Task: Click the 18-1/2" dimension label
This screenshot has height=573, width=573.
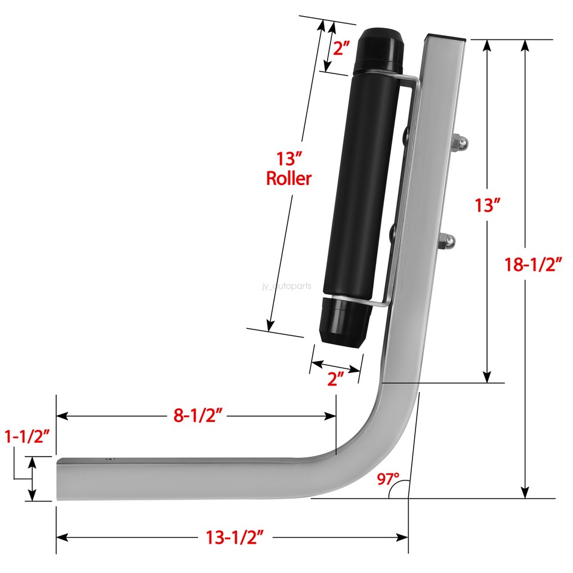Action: click(534, 264)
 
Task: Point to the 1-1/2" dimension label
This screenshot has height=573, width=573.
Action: click(28, 435)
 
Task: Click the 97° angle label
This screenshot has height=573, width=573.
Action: click(388, 479)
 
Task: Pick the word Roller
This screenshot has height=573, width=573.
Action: click(289, 178)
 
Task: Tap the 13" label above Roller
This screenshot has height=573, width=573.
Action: click(289, 159)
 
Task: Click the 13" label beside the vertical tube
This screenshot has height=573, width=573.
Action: click(487, 205)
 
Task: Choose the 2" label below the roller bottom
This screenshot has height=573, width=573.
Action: click(335, 380)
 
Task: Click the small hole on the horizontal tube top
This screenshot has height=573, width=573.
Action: click(108, 459)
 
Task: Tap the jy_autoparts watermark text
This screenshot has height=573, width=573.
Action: click(286, 286)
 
